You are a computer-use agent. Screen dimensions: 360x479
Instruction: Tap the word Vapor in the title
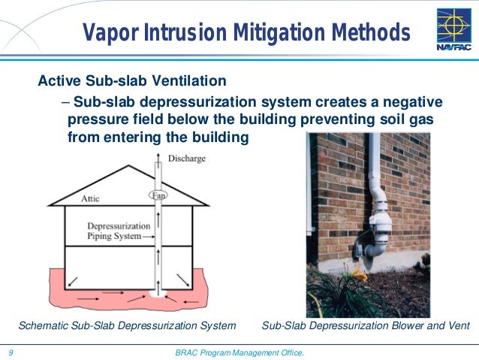[110, 33]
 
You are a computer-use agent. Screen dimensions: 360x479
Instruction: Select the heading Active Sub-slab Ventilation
[132, 80]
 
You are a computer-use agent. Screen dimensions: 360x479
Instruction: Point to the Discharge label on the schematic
[187, 159]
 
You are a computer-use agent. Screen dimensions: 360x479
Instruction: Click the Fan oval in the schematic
[158, 195]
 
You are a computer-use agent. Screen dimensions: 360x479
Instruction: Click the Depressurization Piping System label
[115, 231]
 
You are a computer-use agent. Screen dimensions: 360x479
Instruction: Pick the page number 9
[11, 352]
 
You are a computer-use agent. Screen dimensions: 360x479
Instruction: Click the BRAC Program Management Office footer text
[239, 352]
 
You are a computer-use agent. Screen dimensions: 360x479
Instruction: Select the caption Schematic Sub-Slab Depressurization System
[127, 326]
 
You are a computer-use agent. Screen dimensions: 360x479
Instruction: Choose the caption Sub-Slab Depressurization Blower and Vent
[365, 326]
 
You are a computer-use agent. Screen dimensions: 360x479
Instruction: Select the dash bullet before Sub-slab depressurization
[65, 102]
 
